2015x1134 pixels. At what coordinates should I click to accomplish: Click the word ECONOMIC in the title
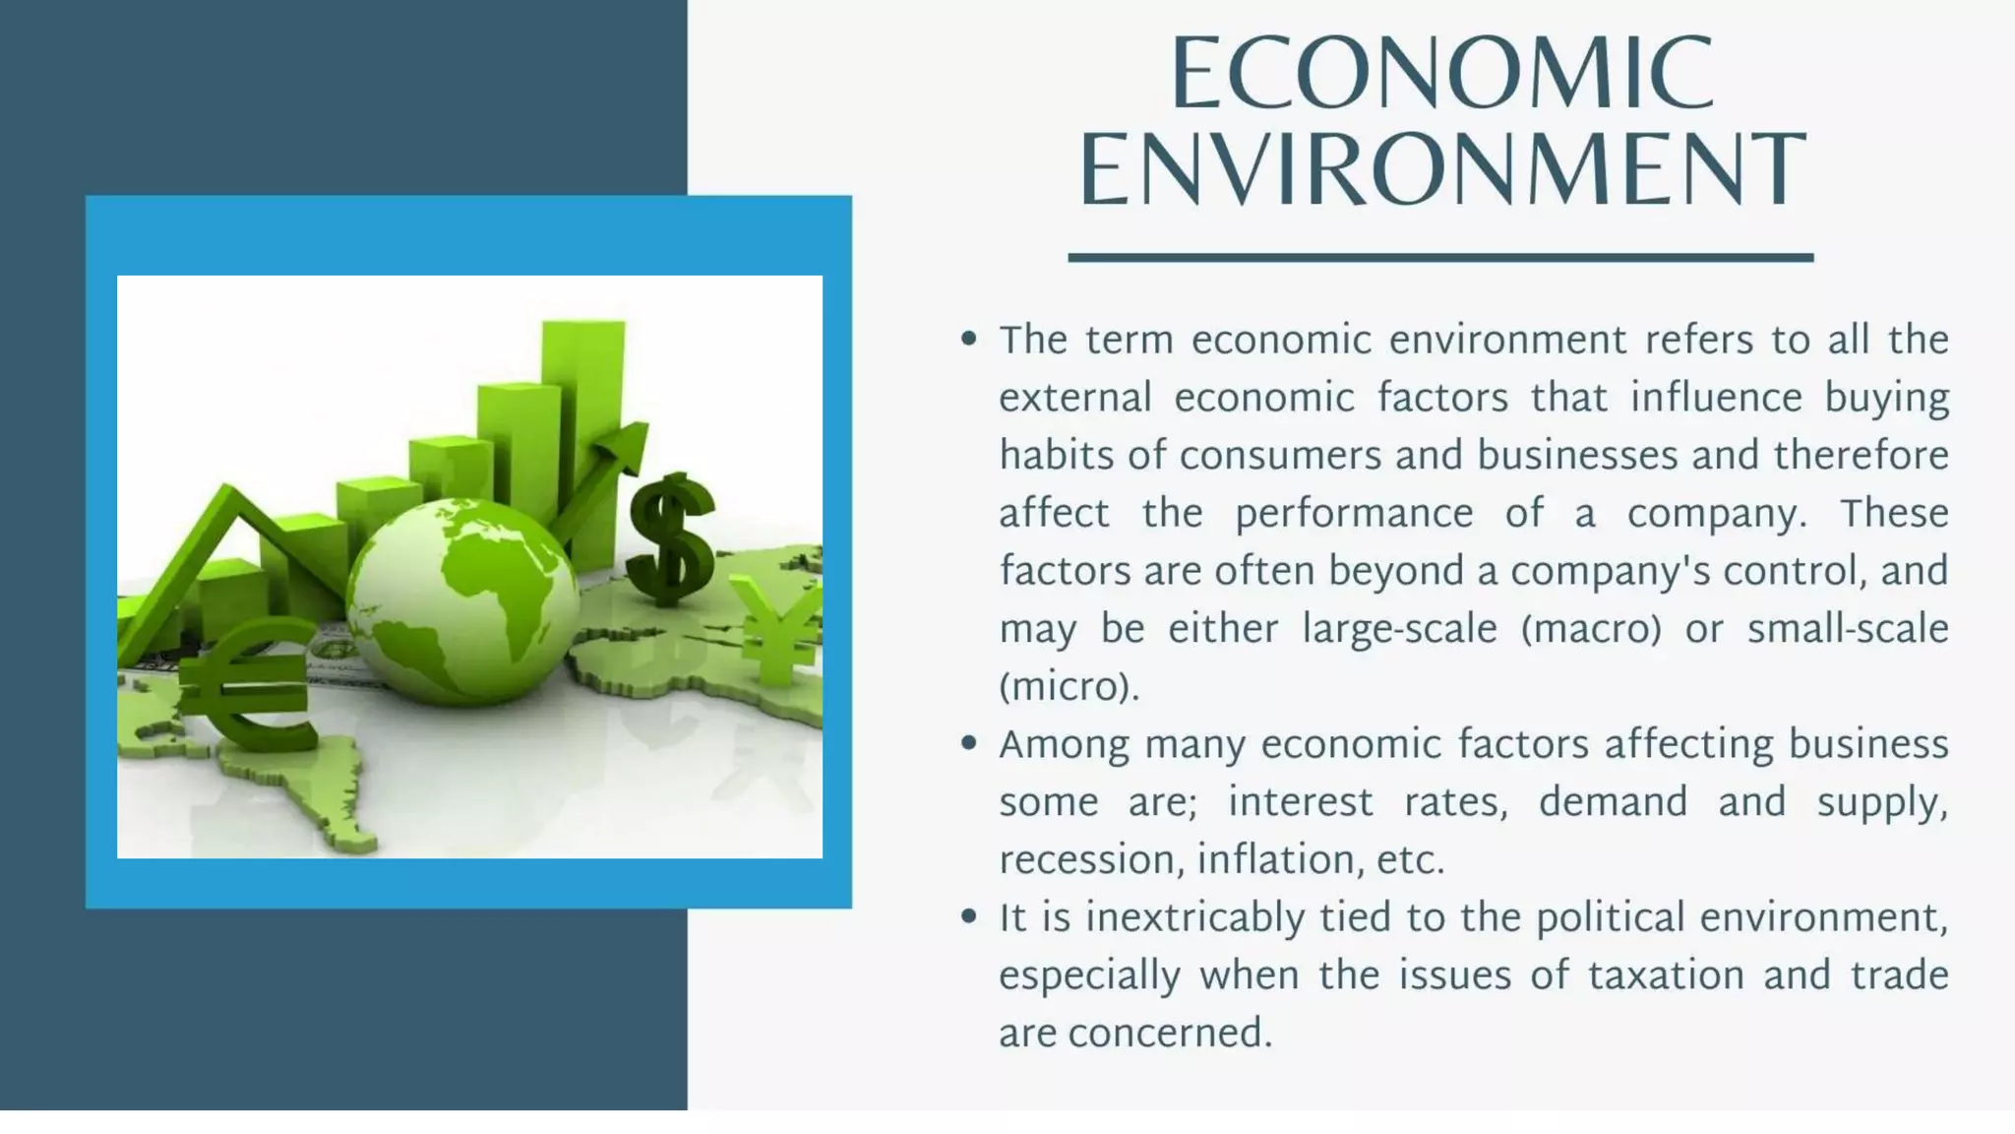[1442, 74]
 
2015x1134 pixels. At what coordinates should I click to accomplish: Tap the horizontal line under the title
[1439, 258]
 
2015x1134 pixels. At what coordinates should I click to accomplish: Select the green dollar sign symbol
[672, 539]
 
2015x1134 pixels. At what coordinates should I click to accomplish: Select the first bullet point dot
[969, 340]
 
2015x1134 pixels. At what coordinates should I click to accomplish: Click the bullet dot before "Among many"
[969, 743]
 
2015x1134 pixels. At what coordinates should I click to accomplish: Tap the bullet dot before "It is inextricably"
[969, 916]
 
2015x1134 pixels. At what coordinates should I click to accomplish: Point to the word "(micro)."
[1069, 687]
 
